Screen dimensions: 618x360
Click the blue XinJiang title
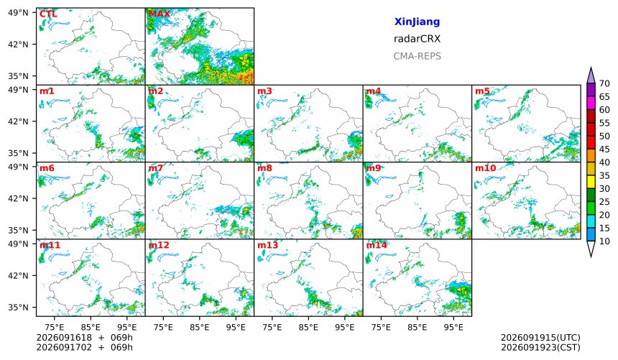(x=417, y=22)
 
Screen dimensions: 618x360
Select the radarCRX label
(x=417, y=39)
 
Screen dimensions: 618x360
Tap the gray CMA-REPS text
(x=417, y=56)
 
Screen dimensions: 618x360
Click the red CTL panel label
(x=48, y=14)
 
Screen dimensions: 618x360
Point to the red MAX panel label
(x=160, y=14)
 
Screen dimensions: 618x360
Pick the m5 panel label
(x=482, y=91)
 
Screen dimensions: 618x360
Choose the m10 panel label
(x=485, y=168)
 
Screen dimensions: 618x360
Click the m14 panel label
(x=377, y=245)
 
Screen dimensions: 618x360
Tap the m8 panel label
(x=264, y=168)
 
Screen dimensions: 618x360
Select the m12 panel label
(x=158, y=245)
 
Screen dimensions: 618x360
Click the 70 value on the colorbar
(x=604, y=83)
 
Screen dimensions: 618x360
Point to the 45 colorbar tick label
(x=604, y=149)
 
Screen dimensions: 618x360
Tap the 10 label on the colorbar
(x=604, y=241)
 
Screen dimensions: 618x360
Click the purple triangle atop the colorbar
(x=591, y=75)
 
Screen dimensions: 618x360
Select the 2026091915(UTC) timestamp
(x=540, y=338)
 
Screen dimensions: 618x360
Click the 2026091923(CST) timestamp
(x=540, y=347)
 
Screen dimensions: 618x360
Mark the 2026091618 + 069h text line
(x=84, y=338)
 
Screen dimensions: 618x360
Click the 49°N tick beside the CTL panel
(x=18, y=13)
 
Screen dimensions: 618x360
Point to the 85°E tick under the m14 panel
(x=417, y=327)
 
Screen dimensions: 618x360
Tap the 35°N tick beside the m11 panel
(x=18, y=308)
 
